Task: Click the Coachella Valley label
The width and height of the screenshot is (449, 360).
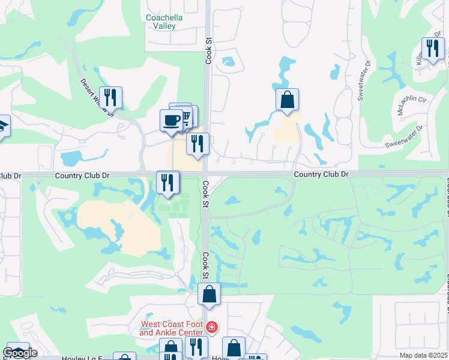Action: [164, 22]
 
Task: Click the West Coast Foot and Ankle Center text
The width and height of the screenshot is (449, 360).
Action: [172, 328]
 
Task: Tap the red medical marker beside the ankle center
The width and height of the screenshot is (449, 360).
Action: [211, 328]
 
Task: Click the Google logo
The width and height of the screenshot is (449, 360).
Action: [20, 353]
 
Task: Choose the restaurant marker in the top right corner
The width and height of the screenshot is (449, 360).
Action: [432, 48]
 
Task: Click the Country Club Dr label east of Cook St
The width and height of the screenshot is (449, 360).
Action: [321, 174]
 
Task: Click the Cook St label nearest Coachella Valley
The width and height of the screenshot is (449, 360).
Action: [209, 51]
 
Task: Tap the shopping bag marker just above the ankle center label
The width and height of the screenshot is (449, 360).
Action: [209, 294]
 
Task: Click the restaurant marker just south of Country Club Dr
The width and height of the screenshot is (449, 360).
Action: [168, 182]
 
